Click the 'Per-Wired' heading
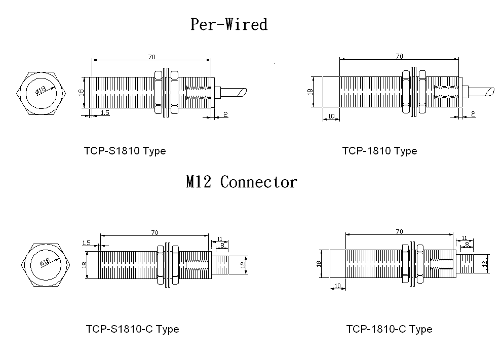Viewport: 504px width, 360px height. coord(228,24)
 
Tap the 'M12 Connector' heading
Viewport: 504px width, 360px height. coord(241,182)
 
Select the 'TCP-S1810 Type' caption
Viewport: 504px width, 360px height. coord(125,151)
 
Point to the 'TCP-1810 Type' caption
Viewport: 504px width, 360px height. coord(379,151)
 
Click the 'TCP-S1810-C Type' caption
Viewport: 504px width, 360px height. coord(132,329)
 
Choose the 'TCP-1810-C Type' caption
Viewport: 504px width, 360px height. coord(389,329)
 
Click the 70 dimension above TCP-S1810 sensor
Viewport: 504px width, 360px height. coord(151,57)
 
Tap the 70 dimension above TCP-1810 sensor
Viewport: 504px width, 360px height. coord(399,57)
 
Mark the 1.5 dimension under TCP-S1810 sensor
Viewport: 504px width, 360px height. coord(105,113)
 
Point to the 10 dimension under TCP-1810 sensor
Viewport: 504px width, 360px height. coord(331,116)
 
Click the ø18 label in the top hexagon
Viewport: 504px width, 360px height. coord(40,90)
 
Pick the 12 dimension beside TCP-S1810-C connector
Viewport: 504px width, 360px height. coord(243,264)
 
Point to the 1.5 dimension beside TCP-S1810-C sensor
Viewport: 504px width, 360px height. coord(86,243)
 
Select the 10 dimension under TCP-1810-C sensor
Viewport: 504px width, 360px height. coord(337,287)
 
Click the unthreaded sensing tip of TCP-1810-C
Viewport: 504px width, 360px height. coord(337,263)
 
